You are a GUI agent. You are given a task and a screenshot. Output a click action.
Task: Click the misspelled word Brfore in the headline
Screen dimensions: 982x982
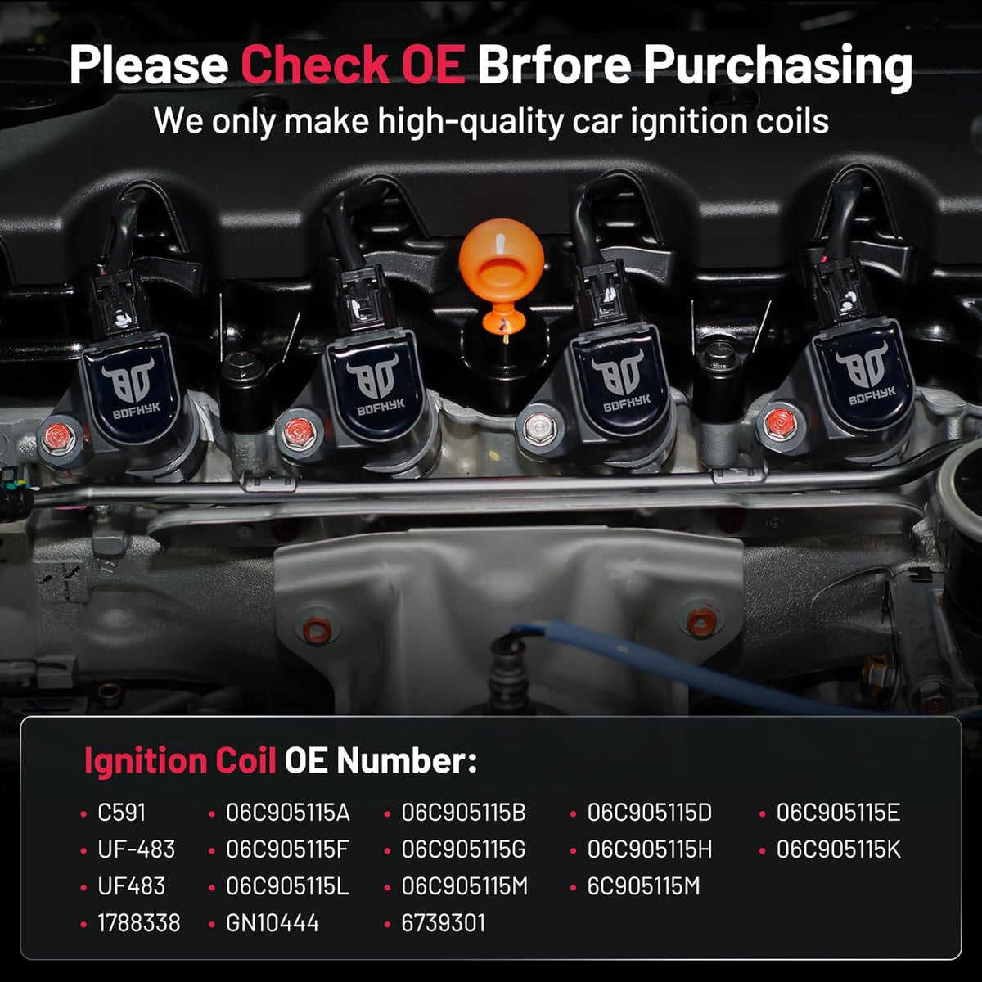555,65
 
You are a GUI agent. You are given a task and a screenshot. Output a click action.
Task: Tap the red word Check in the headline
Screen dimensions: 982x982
314,65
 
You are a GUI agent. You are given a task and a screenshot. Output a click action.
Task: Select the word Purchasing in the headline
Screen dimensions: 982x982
778,69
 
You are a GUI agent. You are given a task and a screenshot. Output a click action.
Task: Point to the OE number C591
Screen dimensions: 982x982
121,813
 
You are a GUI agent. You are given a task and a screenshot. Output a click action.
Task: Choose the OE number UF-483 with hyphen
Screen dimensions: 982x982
136,849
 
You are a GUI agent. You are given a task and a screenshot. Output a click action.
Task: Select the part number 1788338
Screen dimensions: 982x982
138,923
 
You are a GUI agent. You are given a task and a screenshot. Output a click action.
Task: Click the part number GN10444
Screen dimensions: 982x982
273,923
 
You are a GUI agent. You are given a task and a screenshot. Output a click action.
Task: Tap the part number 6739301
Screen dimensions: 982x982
444,923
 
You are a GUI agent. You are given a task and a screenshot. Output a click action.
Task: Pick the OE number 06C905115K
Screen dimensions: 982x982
838,849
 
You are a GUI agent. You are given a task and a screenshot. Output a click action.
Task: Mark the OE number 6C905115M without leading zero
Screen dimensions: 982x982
644,886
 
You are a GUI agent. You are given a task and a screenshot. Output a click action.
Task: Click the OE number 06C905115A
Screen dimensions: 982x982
288,813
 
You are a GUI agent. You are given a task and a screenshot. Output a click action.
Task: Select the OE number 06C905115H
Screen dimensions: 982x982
650,849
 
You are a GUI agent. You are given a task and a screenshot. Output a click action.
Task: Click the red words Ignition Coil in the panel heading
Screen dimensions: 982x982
180,761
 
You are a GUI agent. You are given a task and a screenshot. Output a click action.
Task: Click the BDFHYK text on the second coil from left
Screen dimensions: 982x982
381,407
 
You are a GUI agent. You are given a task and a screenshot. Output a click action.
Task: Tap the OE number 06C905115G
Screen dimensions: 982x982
464,849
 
